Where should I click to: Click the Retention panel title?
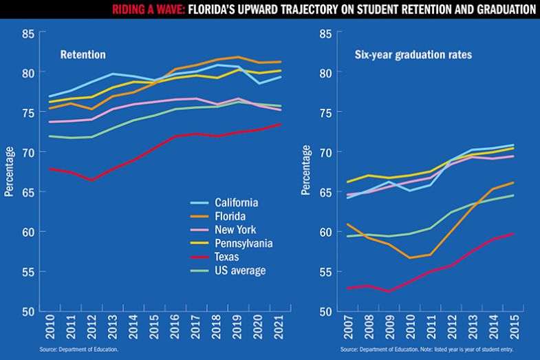pyautogui.click(x=83, y=54)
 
